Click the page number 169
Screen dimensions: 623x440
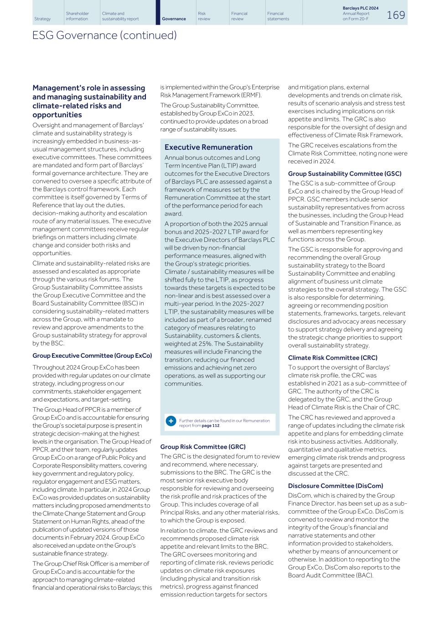click(396, 15)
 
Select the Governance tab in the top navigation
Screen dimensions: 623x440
click(174, 19)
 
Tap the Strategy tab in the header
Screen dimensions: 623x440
click(42, 19)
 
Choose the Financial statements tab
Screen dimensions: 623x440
click(278, 16)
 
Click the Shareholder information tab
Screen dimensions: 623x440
click(77, 16)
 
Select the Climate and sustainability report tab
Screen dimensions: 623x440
click(120, 16)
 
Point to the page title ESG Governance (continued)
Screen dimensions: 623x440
click(104, 35)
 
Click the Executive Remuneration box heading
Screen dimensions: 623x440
click(208, 147)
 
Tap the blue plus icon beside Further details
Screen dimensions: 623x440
click(171, 420)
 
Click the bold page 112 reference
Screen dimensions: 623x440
click(210, 425)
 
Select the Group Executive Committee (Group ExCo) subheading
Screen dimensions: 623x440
click(92, 356)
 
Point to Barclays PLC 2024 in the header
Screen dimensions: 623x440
click(360, 8)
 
